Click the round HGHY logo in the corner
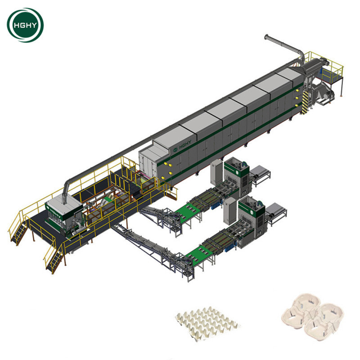click(25, 25)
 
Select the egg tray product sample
click(207, 323)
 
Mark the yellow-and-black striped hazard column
click(305, 102)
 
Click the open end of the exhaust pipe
click(266, 37)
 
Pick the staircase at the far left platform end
click(18, 231)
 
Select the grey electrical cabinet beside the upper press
click(216, 172)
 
